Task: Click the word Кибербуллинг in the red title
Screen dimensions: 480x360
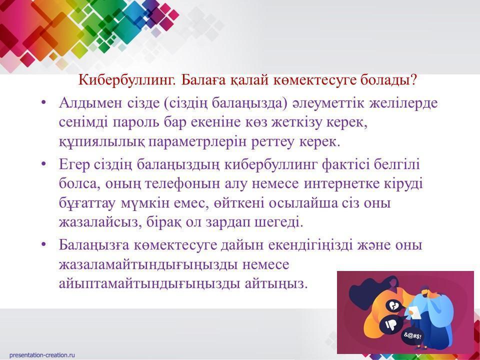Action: click(x=127, y=80)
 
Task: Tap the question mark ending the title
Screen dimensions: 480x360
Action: click(x=413, y=80)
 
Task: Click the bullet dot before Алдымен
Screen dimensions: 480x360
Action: click(x=43, y=103)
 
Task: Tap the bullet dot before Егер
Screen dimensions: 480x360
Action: click(x=43, y=164)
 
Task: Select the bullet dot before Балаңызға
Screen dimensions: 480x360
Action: click(x=43, y=244)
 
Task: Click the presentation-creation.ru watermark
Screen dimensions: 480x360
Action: click(x=42, y=355)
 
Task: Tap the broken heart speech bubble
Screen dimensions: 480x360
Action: click(x=392, y=305)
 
